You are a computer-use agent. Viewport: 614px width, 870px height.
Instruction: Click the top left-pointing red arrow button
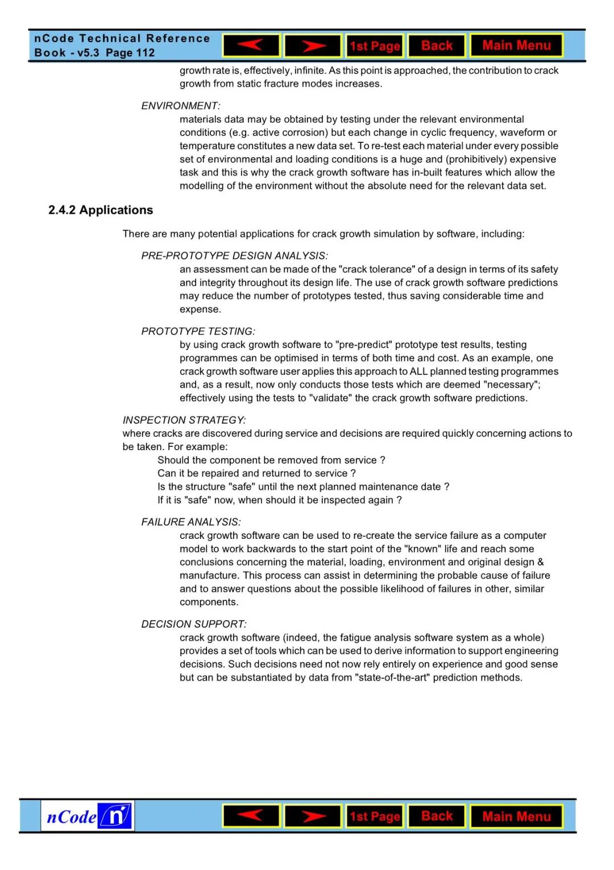click(x=251, y=46)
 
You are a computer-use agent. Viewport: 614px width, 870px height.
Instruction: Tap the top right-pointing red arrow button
click(x=313, y=46)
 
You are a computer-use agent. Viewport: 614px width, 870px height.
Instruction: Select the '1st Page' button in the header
click(x=375, y=46)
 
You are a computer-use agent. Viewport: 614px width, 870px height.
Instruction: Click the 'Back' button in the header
click(x=437, y=46)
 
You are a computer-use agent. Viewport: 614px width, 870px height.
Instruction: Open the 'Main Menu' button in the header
click(x=516, y=46)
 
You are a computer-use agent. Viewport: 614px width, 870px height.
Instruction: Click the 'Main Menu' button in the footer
click(x=516, y=817)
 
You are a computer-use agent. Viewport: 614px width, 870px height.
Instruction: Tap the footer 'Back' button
click(x=437, y=816)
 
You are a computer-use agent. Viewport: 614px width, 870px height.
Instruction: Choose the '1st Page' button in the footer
click(x=375, y=817)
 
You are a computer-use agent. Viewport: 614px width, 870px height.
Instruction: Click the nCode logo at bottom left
click(x=88, y=817)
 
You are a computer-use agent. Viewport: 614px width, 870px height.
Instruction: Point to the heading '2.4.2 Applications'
click(x=101, y=210)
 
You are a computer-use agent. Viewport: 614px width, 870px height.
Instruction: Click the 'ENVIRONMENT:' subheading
click(x=181, y=106)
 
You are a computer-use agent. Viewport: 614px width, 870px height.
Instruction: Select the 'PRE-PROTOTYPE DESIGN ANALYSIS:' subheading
click(x=234, y=256)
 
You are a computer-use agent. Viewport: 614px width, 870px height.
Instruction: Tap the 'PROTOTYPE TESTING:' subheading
click(x=198, y=331)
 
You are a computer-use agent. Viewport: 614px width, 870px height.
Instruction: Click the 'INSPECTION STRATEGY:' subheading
click(x=184, y=420)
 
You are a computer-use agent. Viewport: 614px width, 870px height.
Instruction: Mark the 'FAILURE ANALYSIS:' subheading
click(x=191, y=522)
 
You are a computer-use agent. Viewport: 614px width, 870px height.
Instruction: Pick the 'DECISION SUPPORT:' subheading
click(x=194, y=624)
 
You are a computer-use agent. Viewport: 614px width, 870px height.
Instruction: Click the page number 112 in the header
click(x=146, y=53)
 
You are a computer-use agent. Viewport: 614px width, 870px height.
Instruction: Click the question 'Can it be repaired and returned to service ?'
click(x=256, y=473)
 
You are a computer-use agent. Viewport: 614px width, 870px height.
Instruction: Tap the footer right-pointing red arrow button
click(x=313, y=817)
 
